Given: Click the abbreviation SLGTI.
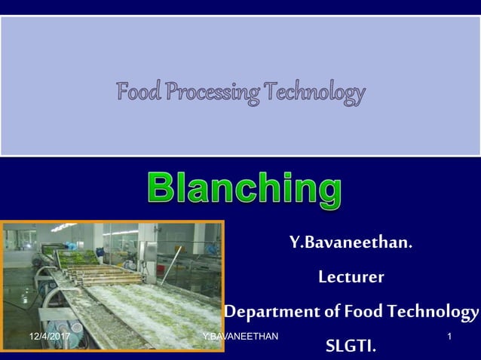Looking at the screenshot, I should [x=351, y=346].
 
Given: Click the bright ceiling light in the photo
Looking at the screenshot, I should [x=63, y=227].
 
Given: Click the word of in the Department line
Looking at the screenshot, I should [x=332, y=311].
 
